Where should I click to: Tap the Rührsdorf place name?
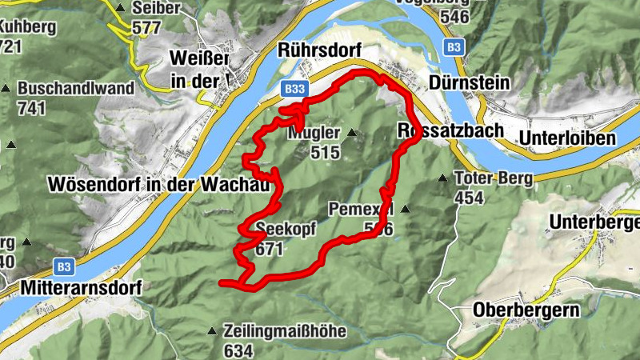[316, 50]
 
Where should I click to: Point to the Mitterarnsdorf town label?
[72, 286]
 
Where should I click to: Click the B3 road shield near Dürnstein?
[454, 47]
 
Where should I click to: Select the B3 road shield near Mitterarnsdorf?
[66, 265]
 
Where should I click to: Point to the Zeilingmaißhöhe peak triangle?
[212, 330]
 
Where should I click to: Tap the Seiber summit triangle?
[121, 8]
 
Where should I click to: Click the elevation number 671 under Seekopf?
[270, 249]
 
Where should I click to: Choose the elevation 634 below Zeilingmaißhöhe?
[238, 350]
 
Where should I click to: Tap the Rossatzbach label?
[450, 130]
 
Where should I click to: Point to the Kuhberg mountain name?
[28, 26]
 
